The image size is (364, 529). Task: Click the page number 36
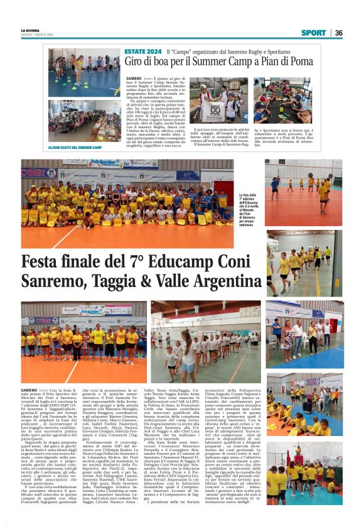(x=338, y=33)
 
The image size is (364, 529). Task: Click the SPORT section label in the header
(x=313, y=33)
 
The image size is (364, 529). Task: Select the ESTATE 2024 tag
(x=144, y=50)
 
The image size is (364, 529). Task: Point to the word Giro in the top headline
(x=135, y=61)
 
